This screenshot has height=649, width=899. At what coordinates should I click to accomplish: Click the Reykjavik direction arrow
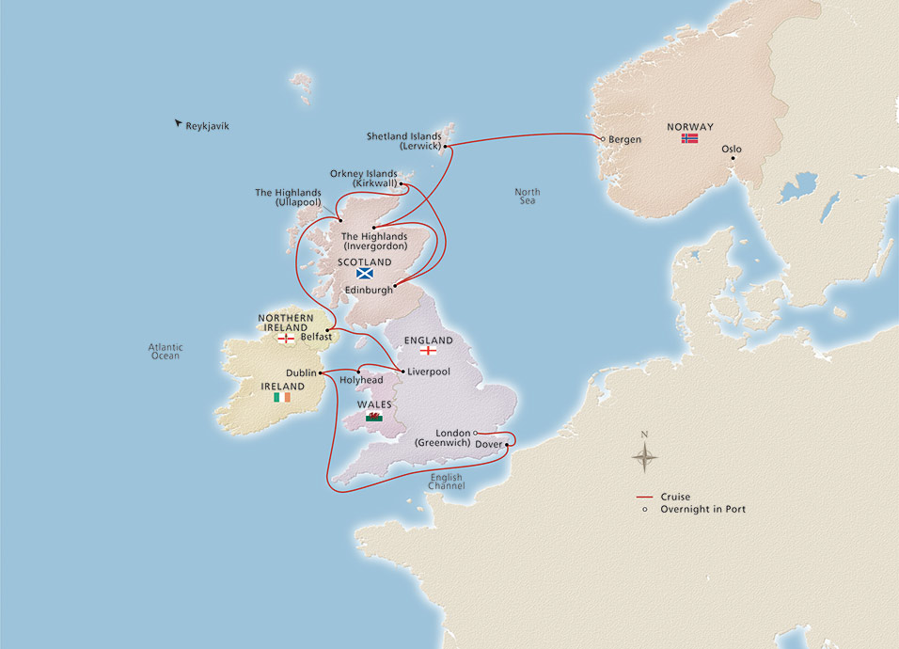coord(178,123)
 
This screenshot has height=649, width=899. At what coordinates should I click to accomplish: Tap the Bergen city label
coord(624,140)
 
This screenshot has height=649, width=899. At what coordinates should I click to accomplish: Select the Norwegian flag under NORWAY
coord(690,139)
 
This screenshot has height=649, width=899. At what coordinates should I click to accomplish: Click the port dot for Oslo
coord(733,160)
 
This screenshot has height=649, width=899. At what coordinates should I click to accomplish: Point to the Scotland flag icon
coord(365,274)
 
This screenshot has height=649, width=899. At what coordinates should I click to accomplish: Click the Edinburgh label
coord(368,290)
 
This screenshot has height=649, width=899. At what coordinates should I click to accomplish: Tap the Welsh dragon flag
coord(374,417)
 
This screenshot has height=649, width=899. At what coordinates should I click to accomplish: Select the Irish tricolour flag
coord(282,398)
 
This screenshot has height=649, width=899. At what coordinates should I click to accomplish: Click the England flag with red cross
coord(428,352)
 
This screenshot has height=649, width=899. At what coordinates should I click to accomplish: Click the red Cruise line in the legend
coord(644,497)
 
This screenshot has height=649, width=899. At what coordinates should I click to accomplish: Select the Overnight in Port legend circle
coord(644,509)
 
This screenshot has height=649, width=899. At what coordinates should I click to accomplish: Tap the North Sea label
coord(527,196)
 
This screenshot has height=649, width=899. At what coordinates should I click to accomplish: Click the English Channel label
coord(448,482)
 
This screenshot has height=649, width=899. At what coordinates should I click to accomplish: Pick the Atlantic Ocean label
coord(166,352)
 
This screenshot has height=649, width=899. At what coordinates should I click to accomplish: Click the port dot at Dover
coord(508,445)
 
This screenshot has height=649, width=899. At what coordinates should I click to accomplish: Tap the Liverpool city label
coord(428,372)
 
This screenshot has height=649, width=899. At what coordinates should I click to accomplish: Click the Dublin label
coord(301,372)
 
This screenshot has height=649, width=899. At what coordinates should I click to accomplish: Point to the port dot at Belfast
coord(327,329)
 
